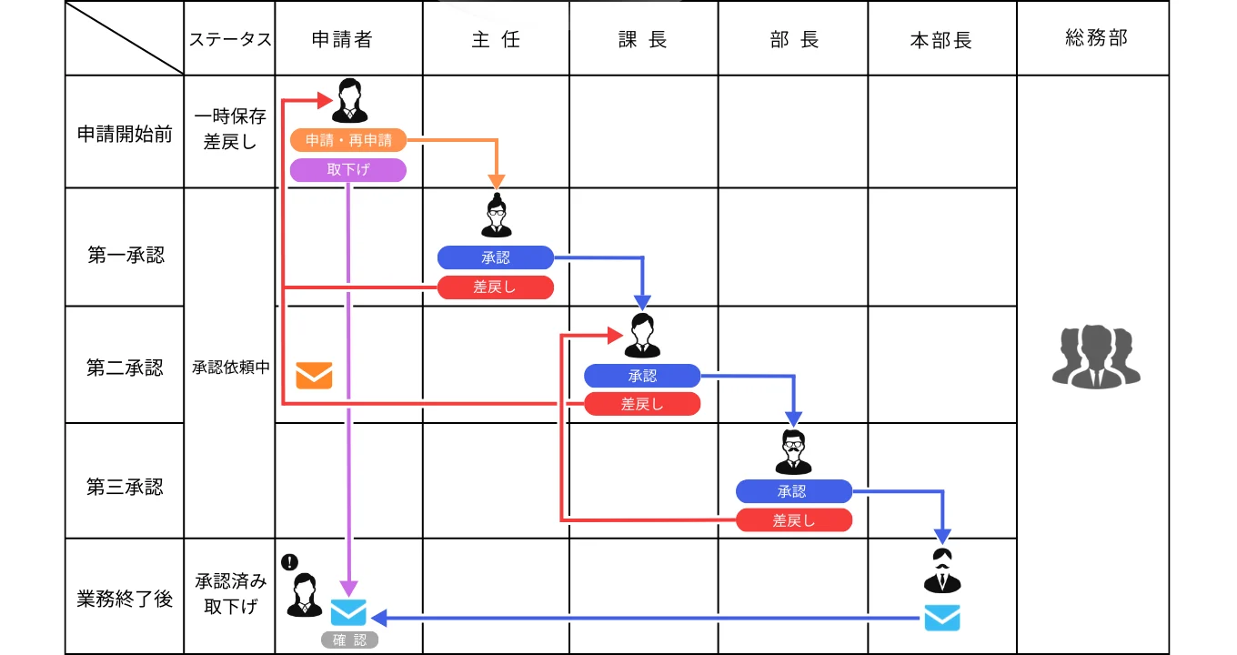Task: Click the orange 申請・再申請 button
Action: (348, 140)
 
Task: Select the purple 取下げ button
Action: (348, 170)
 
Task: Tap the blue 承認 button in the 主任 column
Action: (496, 257)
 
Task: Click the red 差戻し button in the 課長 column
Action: (642, 404)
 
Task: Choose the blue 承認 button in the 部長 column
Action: (793, 491)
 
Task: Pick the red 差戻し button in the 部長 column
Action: (793, 520)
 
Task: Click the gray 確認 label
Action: (349, 640)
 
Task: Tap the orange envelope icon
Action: (314, 375)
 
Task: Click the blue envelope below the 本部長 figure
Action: (942, 618)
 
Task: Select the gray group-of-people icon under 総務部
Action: (1096, 357)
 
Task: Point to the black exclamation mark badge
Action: (290, 562)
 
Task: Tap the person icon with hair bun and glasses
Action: (497, 216)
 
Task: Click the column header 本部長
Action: (941, 40)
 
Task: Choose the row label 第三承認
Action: (125, 487)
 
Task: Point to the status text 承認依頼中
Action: (229, 368)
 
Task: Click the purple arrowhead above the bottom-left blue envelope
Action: (349, 589)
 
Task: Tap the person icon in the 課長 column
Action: (642, 335)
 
